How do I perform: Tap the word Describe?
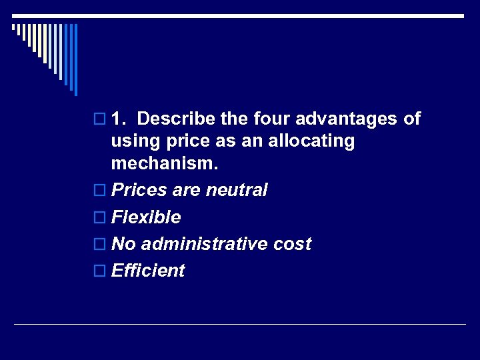[x=177, y=119]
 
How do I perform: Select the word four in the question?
[x=272, y=119]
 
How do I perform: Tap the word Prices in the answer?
[x=139, y=191]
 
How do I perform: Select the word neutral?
[x=237, y=191]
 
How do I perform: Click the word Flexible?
[x=146, y=217]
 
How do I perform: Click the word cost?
[x=292, y=244]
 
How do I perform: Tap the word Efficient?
[x=148, y=271]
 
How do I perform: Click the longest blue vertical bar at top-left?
[x=75, y=60]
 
